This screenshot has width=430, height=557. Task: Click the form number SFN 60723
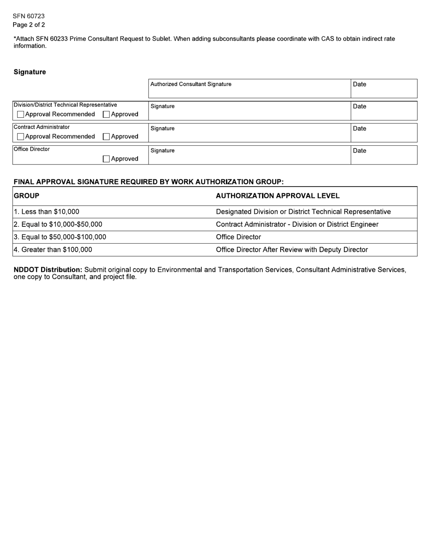point(29,16)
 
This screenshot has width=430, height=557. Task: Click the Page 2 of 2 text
point(29,25)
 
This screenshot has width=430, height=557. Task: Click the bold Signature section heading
point(30,72)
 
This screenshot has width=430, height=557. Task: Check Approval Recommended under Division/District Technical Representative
point(20,115)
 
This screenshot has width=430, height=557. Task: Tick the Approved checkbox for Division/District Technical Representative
point(106,115)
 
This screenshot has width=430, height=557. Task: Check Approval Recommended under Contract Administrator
point(20,137)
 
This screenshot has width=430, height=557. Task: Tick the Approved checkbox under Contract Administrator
point(106,137)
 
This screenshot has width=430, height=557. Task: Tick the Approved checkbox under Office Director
point(106,159)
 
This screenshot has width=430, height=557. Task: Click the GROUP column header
point(27,196)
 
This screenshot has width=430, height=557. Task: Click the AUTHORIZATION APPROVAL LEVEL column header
point(277,196)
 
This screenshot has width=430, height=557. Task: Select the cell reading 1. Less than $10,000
point(47,212)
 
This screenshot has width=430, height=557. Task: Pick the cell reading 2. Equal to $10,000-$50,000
point(58,225)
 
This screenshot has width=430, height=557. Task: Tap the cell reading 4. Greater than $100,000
point(53,250)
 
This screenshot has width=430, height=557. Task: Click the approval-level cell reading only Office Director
point(239,237)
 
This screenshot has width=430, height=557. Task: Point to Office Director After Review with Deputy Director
point(292,250)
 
